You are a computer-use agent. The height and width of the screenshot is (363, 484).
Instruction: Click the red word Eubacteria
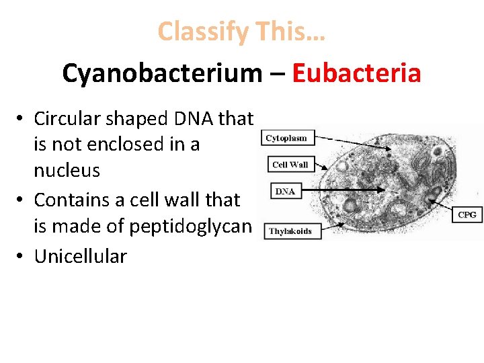coord(356,73)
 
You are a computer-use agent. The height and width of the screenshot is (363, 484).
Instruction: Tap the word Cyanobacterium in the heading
coord(161,73)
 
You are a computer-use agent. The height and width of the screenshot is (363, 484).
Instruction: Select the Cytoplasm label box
coord(286,138)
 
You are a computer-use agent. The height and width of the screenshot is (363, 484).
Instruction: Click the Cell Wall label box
coord(290,165)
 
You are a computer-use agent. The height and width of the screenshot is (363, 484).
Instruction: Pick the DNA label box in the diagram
coord(285,192)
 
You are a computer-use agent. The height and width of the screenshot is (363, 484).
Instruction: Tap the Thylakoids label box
coord(290,231)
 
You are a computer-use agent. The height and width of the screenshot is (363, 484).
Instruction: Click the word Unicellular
coord(80,256)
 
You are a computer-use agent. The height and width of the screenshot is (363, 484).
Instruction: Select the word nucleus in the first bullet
coord(67,170)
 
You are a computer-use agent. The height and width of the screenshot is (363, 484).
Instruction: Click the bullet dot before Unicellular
coord(22,256)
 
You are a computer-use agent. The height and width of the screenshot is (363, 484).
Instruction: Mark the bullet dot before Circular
coord(22,119)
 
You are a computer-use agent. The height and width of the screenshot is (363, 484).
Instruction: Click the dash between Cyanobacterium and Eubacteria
coord(276,74)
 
